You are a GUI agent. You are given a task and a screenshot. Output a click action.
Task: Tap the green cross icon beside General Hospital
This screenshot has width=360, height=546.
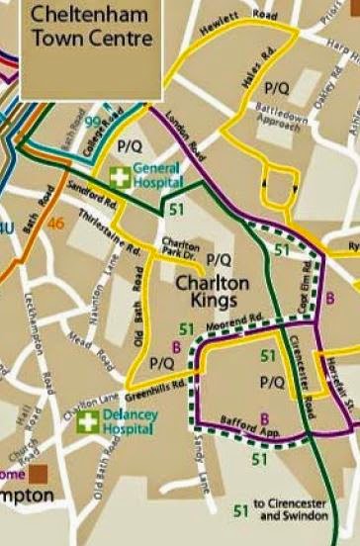point(120,177)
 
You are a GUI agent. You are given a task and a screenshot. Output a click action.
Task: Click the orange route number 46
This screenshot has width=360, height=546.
point(55,224)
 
